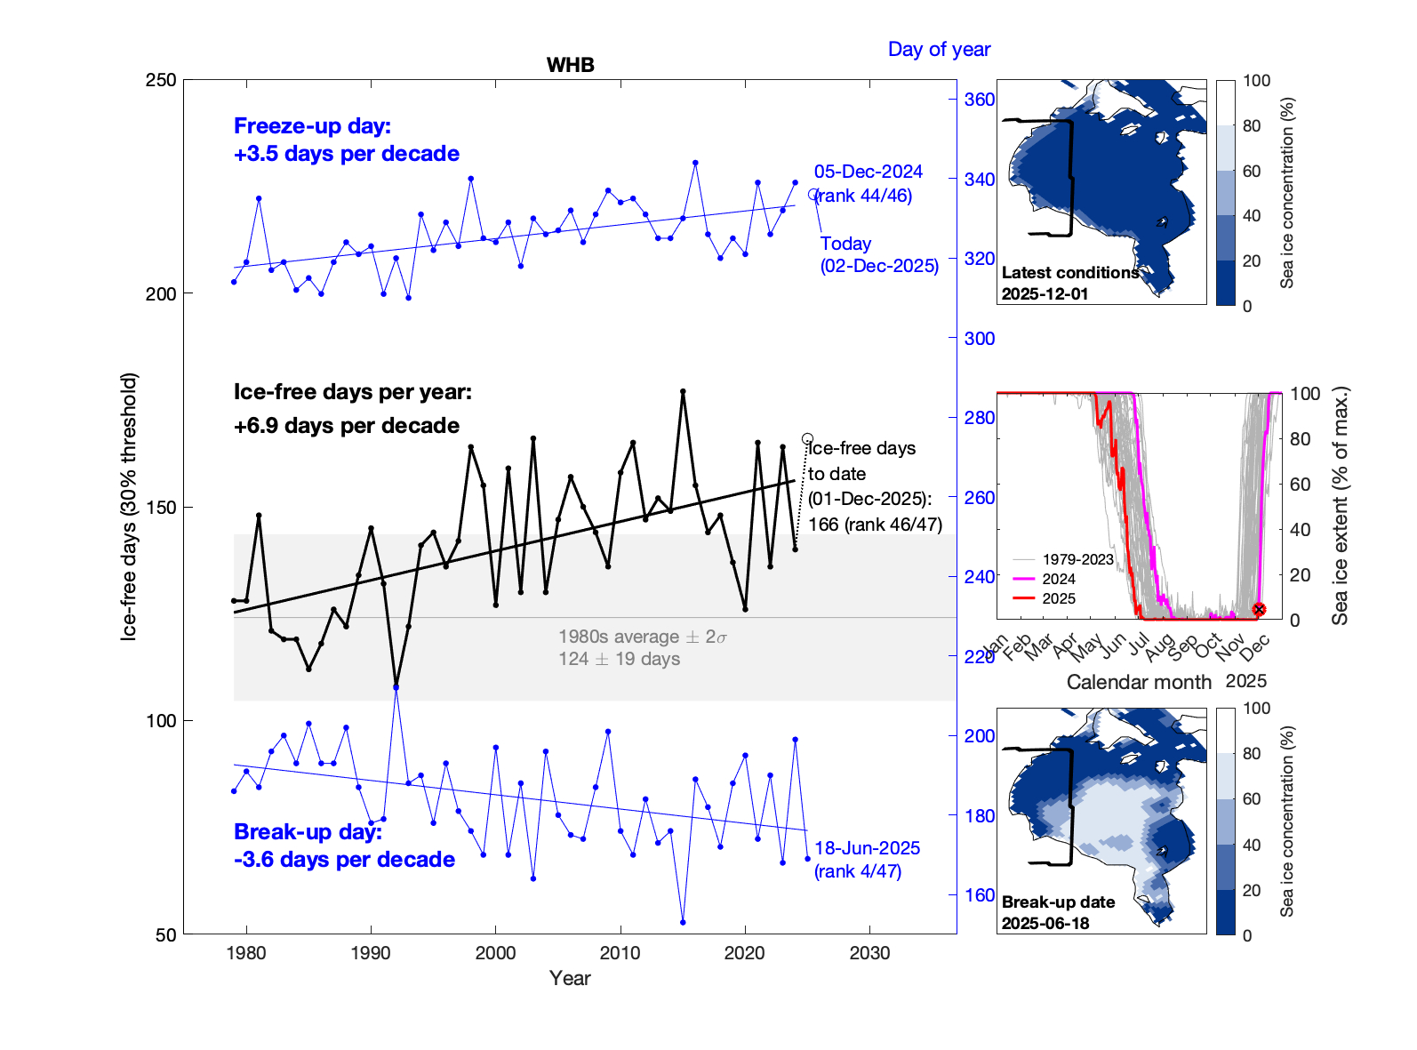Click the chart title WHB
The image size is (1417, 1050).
point(570,65)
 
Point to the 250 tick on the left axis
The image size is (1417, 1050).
point(161,80)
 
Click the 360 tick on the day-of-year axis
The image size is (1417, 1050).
point(980,100)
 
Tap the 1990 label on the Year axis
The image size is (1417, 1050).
point(371,953)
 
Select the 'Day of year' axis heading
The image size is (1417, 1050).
point(939,50)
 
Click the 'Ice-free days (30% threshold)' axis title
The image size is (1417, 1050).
point(130,507)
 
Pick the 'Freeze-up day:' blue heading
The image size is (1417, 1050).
point(312,126)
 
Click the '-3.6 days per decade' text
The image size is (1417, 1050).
point(344,860)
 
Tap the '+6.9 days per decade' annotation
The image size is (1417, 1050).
point(347,426)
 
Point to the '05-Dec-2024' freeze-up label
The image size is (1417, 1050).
point(869,172)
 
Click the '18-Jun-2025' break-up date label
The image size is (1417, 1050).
point(867,848)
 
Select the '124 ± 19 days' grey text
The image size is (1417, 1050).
point(619,659)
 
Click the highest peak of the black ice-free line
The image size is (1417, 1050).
point(683,391)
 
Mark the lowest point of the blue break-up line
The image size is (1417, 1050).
point(683,922)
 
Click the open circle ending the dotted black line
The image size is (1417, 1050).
point(807,438)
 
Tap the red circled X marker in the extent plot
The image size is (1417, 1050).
point(1259,609)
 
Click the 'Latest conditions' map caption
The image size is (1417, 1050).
point(1070,273)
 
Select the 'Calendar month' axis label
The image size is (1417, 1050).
point(1139,682)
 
